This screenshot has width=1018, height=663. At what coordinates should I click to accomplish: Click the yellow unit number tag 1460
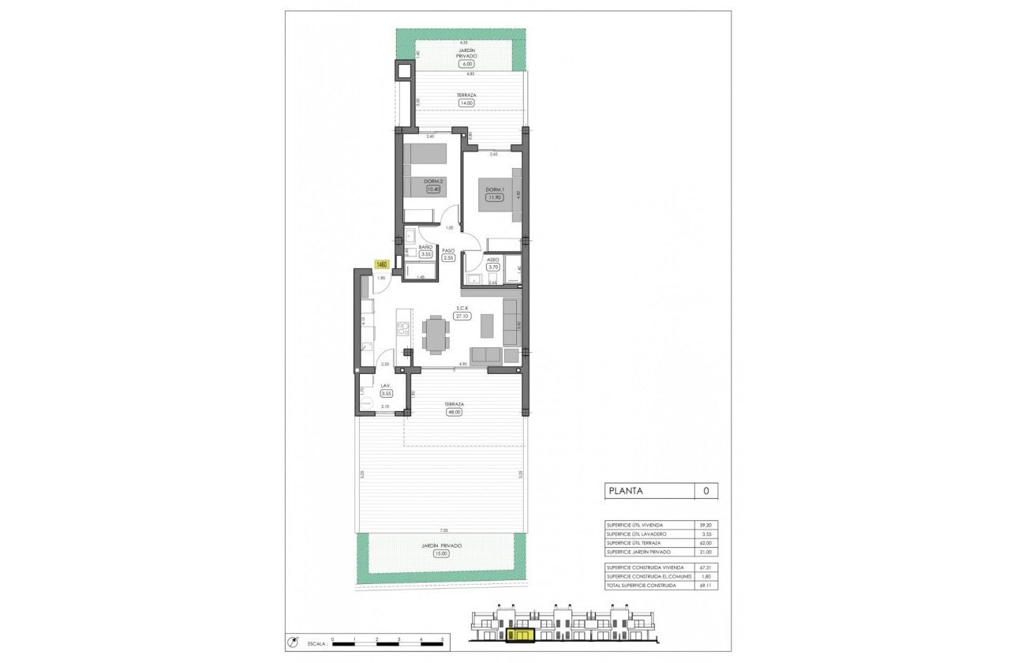click(382, 264)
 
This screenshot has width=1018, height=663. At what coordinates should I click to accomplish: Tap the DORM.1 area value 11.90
click(495, 197)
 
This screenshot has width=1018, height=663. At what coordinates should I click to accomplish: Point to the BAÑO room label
click(425, 247)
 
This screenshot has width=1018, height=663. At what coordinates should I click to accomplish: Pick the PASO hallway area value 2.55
click(448, 257)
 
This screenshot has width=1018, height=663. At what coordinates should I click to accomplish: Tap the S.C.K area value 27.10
click(462, 316)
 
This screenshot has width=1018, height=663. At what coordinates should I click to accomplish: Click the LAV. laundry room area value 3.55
click(387, 393)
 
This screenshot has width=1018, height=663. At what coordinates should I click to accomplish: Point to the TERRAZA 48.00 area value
click(453, 412)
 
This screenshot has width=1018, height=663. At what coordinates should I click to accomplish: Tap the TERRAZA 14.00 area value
click(466, 103)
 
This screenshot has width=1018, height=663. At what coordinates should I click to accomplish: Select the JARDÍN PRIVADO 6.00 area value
click(462, 64)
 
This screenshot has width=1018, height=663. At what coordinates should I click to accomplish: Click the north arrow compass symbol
click(294, 641)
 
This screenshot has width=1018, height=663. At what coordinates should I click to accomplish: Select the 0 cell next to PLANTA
click(705, 491)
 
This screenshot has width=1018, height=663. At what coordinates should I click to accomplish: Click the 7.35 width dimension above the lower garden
click(444, 531)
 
